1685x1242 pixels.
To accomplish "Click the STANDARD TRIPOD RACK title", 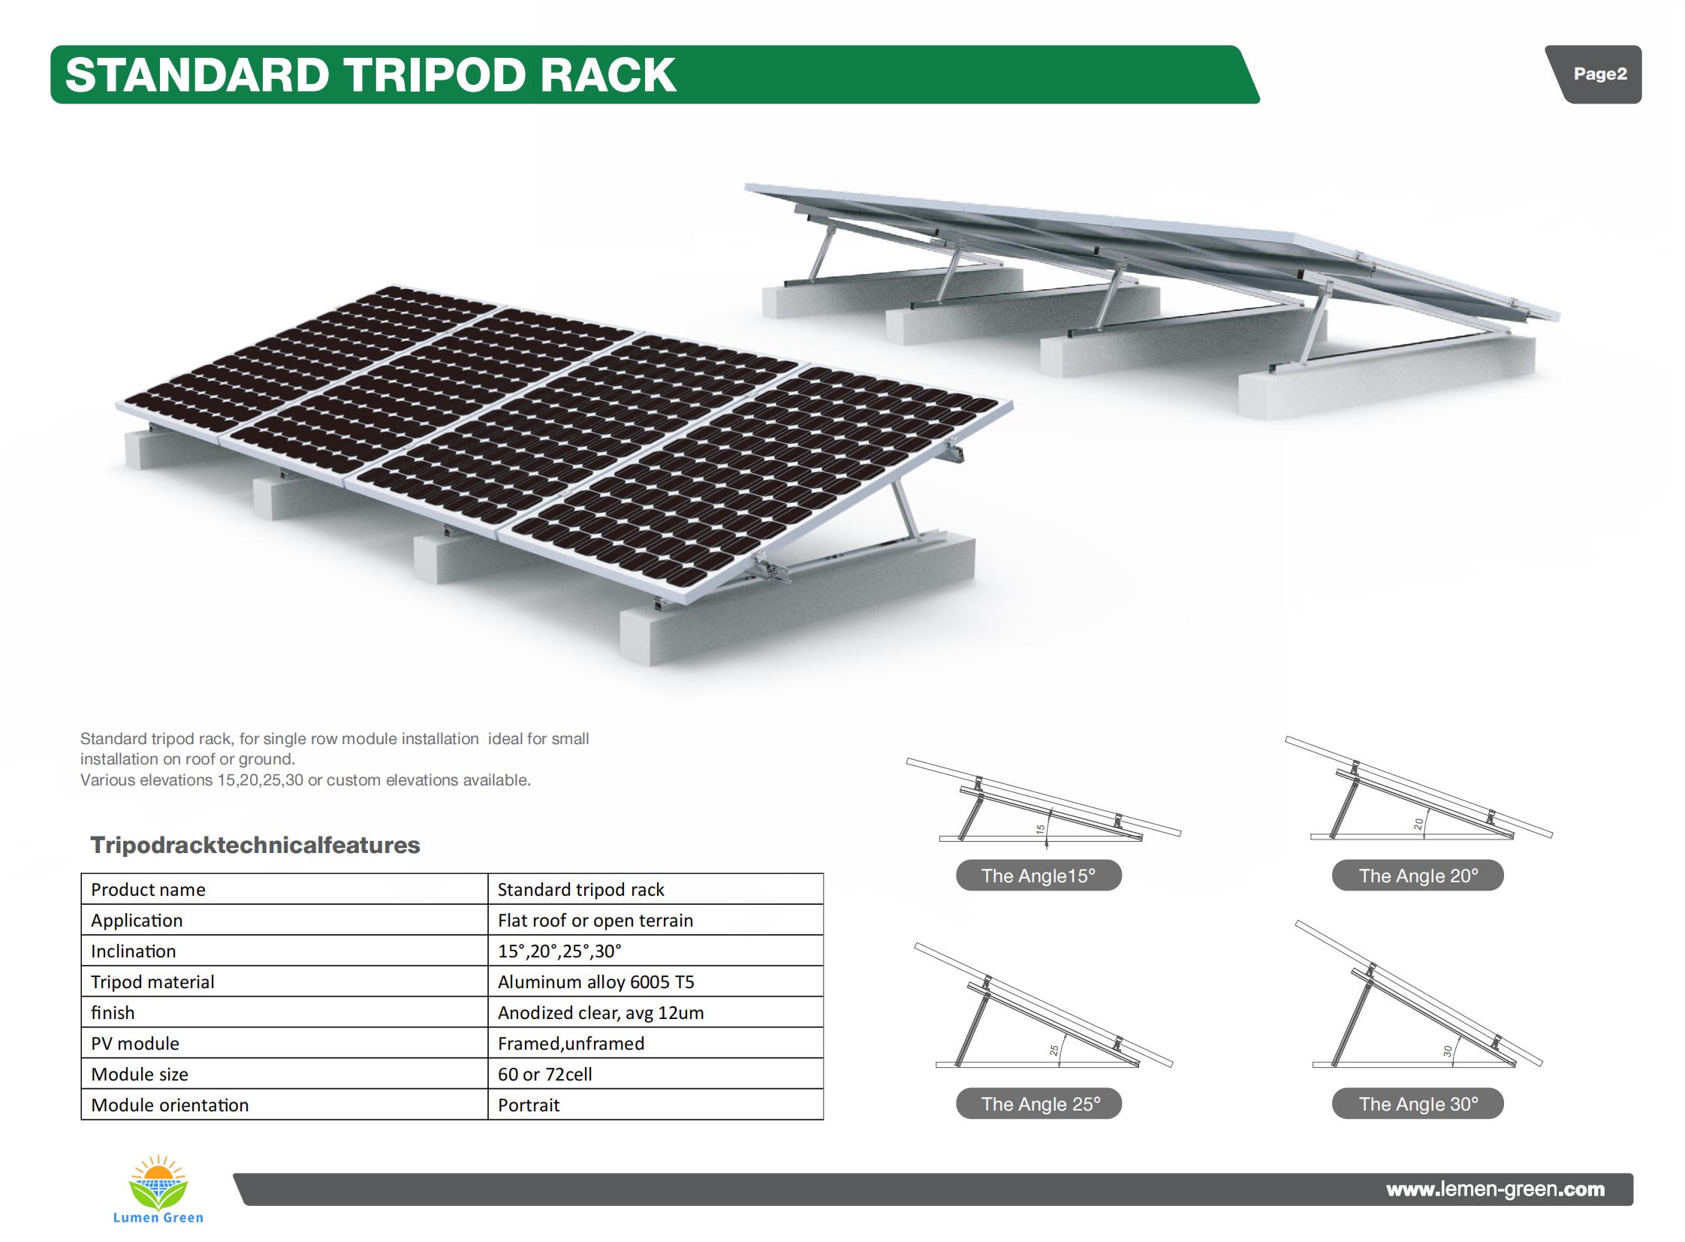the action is [371, 74].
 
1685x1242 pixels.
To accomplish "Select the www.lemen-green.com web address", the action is [1495, 1189].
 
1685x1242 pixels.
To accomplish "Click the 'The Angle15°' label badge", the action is [1038, 875].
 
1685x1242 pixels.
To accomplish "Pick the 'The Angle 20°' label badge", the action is [1418, 875].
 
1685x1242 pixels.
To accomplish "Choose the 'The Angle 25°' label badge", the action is [1038, 1104].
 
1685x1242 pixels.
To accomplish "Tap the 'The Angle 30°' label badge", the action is [1418, 1104].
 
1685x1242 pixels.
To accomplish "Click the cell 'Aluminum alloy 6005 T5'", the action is [655, 981].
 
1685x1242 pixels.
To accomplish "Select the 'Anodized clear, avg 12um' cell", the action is [655, 1012].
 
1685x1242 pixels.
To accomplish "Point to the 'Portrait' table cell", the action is [655, 1105].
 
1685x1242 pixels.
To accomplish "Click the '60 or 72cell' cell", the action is [655, 1074].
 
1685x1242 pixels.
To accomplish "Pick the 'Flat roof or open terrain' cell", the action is [655, 919].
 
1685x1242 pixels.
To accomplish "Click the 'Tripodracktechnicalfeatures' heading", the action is [255, 845].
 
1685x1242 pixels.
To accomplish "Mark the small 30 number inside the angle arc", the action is [1448, 1052].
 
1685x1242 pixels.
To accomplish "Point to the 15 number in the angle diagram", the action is [1040, 830].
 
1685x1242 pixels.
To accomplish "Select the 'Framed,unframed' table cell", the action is [655, 1043].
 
